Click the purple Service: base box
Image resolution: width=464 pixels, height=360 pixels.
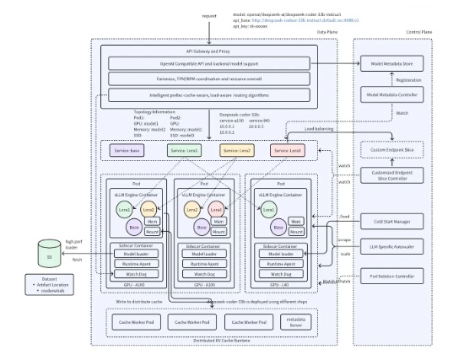[x=130, y=151]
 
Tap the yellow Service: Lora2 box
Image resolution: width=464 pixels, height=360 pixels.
[x=235, y=151]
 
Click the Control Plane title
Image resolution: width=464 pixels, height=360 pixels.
[x=419, y=32]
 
